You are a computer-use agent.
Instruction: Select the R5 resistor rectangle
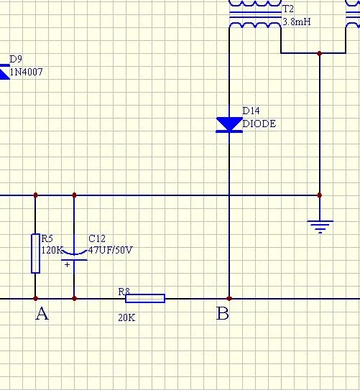36,254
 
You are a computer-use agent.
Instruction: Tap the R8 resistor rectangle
145,298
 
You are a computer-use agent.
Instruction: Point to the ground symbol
320,227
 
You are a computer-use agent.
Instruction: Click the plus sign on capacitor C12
67,264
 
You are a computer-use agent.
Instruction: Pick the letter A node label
42,313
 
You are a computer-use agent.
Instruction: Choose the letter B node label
223,313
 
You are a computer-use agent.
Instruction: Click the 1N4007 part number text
26,72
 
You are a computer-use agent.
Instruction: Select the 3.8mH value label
297,22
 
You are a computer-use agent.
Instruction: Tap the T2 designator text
288,9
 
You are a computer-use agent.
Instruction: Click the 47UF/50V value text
111,250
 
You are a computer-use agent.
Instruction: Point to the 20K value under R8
126,317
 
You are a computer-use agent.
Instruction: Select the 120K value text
52,250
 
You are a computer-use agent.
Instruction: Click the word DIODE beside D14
259,124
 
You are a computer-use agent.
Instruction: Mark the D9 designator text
16,59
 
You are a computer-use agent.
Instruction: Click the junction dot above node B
229,298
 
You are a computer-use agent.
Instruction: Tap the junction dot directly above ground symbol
320,195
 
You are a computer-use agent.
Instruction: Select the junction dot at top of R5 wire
35,195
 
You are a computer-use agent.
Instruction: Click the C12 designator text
97,238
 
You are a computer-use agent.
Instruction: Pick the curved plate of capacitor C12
74,254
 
